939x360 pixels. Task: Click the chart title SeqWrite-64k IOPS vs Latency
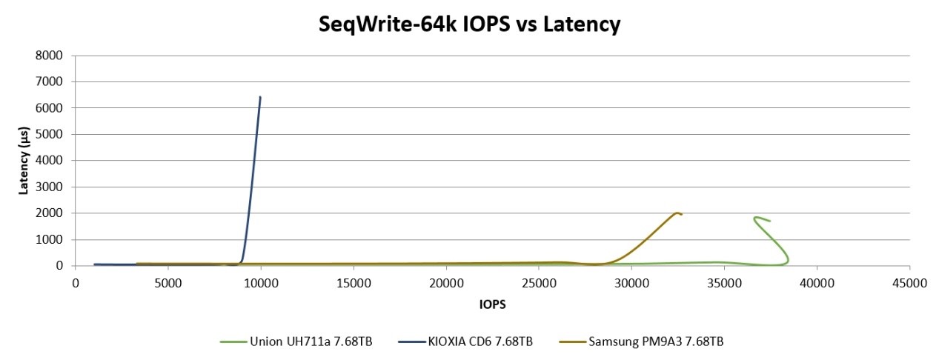(x=468, y=24)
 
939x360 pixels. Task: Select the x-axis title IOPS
(x=492, y=304)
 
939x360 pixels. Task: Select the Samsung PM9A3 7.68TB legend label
(x=652, y=341)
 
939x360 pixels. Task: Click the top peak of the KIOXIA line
(x=260, y=97)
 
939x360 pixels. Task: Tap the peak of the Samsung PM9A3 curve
(x=677, y=213)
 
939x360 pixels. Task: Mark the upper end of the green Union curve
(x=755, y=218)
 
